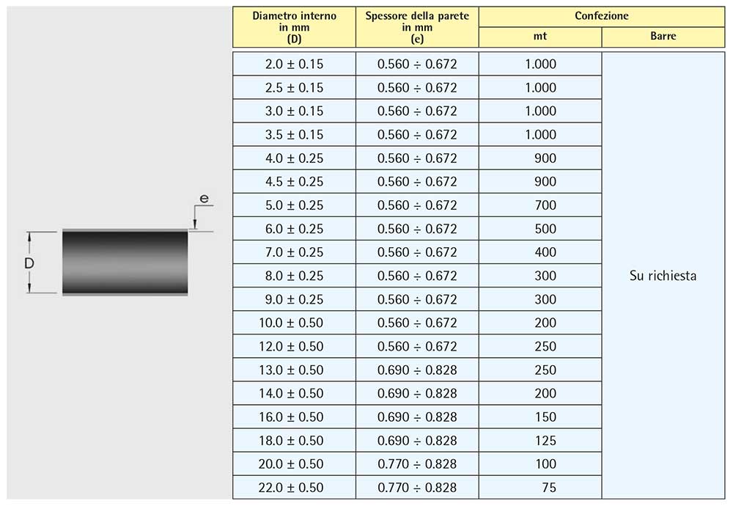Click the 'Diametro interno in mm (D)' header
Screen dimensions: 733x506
[294, 27]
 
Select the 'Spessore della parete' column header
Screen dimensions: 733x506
[417, 27]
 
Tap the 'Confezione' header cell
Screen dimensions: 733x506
[602, 16]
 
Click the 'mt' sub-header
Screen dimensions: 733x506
[540, 37]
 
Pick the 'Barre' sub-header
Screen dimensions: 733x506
[663, 37]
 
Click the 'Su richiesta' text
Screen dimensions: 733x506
[663, 276]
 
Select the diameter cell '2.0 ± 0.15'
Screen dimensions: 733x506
[294, 64]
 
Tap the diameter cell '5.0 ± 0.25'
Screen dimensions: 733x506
[294, 205]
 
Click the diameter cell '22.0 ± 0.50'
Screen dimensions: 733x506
[291, 488]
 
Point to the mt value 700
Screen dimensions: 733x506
[545, 205]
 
